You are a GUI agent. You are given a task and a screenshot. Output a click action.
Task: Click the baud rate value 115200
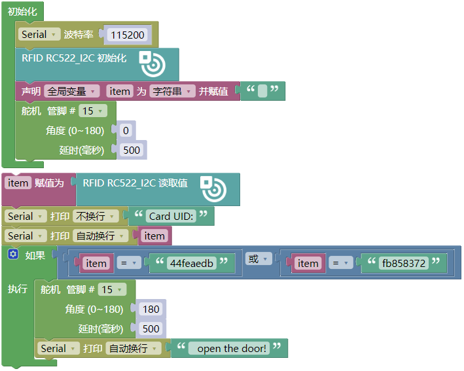click(x=128, y=35)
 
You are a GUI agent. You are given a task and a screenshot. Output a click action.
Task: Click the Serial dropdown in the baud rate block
click(x=39, y=35)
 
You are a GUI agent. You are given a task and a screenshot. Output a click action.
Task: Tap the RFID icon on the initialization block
click(x=152, y=63)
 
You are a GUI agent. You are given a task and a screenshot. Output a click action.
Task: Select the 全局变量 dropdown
click(x=72, y=91)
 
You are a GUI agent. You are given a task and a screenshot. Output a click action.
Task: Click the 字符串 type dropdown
click(x=172, y=91)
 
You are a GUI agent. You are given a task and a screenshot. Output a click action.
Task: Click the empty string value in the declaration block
click(x=262, y=91)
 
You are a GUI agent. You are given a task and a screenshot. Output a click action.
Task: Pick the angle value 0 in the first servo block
click(x=125, y=130)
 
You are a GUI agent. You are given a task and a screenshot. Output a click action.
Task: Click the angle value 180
click(x=151, y=309)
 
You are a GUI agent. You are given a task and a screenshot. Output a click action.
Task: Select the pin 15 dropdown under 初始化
click(x=92, y=111)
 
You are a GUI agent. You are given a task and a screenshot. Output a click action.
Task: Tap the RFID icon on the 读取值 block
click(x=213, y=188)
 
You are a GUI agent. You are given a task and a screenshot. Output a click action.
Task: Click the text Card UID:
click(x=172, y=217)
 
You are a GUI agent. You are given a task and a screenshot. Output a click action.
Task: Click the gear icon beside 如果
click(x=13, y=254)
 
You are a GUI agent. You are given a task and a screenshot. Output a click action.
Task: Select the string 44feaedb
click(x=191, y=263)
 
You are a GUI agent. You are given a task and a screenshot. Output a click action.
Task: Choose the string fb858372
click(x=404, y=263)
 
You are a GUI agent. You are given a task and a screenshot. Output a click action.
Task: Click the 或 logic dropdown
click(x=258, y=258)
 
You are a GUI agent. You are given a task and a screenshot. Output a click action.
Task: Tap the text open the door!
click(x=232, y=348)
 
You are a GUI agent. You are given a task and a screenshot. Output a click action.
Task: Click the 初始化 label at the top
click(x=22, y=11)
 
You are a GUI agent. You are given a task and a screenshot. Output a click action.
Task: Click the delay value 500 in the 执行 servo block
click(x=151, y=328)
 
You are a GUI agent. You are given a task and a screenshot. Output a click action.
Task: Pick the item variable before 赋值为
click(x=18, y=183)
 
